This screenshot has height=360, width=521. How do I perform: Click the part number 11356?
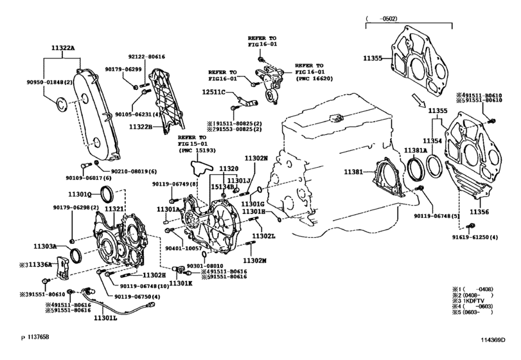(x=480, y=211)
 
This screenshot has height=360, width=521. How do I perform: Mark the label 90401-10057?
(x=184, y=248)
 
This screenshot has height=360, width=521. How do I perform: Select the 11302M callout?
(x=254, y=261)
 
